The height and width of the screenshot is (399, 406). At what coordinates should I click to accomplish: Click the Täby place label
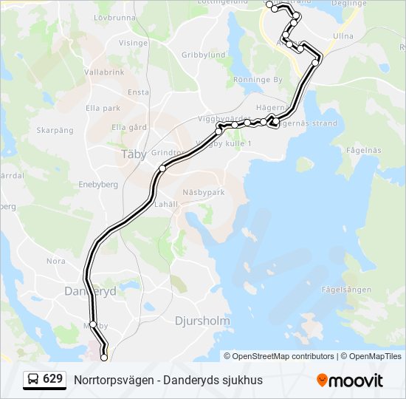(133, 154)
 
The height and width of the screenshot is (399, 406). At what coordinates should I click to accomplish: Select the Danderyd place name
(91, 292)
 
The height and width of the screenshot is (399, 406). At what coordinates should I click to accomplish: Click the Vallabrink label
(104, 72)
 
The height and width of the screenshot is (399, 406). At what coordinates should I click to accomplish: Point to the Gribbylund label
(203, 55)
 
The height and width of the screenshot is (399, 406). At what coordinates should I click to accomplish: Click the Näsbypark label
(202, 191)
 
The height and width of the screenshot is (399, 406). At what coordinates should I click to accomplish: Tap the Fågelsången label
(346, 290)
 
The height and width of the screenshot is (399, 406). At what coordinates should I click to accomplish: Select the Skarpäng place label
(55, 130)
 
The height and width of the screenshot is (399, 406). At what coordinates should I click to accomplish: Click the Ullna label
(343, 35)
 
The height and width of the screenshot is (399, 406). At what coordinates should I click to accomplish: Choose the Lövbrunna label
(115, 16)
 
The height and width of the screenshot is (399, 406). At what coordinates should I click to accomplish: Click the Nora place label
(56, 261)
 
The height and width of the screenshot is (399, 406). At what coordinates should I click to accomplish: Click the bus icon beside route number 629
(34, 380)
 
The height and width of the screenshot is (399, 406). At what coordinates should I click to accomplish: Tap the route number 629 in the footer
(52, 380)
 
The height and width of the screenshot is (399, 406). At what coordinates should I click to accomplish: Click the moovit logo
(350, 381)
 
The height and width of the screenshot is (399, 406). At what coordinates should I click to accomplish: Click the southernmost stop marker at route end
(103, 358)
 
